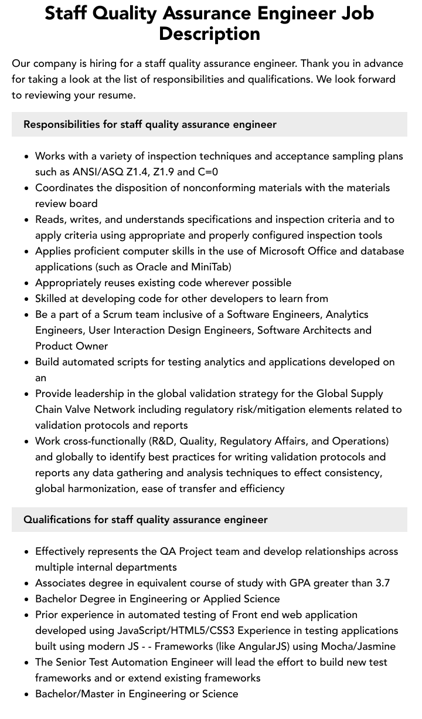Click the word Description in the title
[x=209, y=34]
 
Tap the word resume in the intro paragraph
[x=117, y=95]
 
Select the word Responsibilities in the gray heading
[x=62, y=124]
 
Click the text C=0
[x=208, y=172]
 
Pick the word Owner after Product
[x=92, y=346]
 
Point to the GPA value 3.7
[x=381, y=583]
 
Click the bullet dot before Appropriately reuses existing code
[x=26, y=283]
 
